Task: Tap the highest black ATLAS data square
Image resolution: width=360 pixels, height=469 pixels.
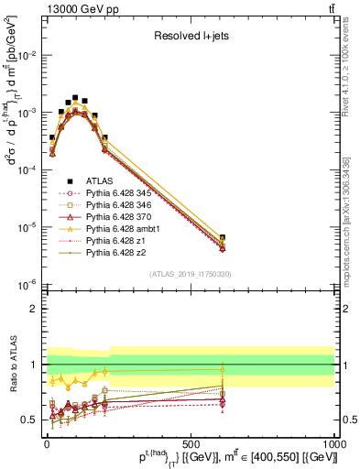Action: coord(75,97)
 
